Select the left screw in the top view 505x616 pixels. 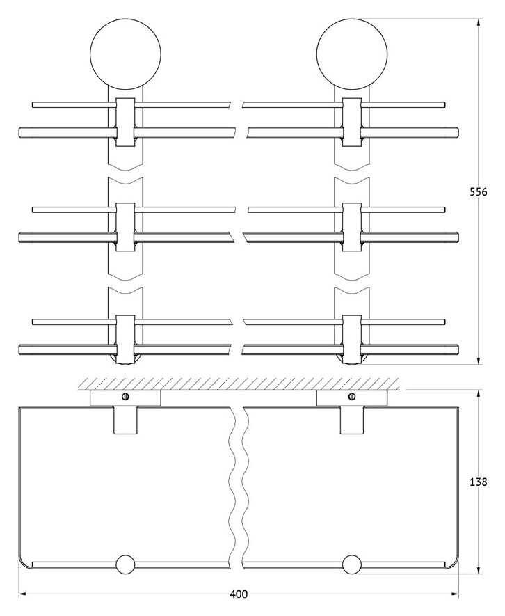pyautogui.click(x=126, y=397)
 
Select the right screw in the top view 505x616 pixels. pyautogui.click(x=351, y=397)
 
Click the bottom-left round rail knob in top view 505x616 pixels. pyautogui.click(x=126, y=564)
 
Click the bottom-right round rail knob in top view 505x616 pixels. pyautogui.click(x=351, y=564)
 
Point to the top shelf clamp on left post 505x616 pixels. pyautogui.click(x=125, y=123)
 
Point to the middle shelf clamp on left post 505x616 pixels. pyautogui.click(x=125, y=226)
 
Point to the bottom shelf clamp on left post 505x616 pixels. pyautogui.click(x=125, y=339)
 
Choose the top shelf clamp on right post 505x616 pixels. pyautogui.click(x=351, y=123)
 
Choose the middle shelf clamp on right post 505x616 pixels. pyautogui.click(x=351, y=226)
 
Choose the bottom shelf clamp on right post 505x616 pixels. pyautogui.click(x=351, y=339)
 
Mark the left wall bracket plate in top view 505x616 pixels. pyautogui.click(x=126, y=398)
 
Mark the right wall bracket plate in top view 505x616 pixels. pyautogui.click(x=351, y=398)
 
